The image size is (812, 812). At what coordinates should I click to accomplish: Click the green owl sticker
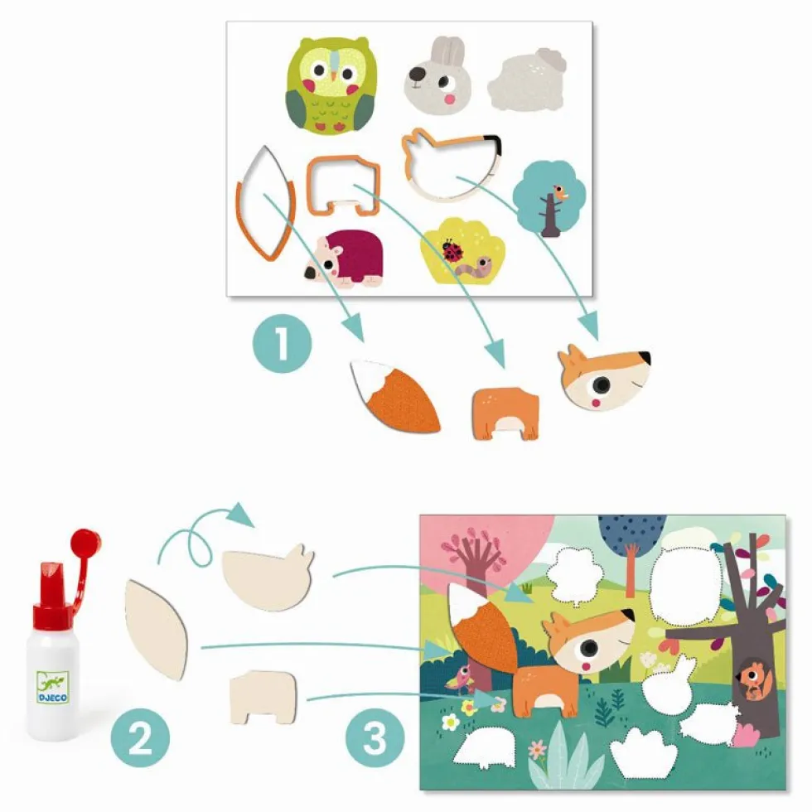[331, 85]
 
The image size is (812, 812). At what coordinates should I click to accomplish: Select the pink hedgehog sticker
[344, 259]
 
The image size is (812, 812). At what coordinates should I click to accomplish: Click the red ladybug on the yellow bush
[452, 250]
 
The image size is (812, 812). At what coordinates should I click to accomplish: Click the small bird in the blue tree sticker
[560, 192]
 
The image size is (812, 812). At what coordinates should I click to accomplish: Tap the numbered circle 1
[283, 343]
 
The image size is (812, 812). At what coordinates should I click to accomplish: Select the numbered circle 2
[140, 738]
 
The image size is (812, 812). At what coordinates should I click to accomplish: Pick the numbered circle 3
[375, 738]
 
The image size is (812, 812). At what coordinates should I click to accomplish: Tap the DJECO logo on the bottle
[52, 688]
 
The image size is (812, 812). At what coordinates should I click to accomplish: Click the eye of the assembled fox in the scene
[589, 647]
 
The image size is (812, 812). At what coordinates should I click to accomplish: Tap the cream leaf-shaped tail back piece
[156, 629]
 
